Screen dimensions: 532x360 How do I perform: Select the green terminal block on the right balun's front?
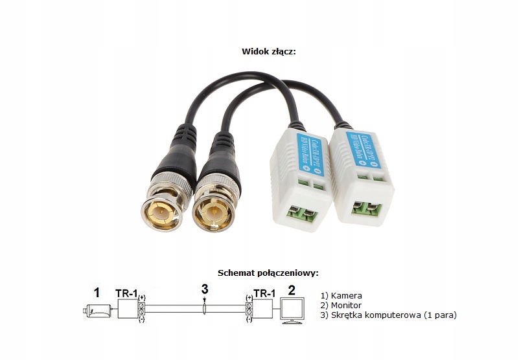point(366,210)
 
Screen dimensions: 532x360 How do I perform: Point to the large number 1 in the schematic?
point(97,293)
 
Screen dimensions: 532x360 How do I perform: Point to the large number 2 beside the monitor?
point(292,290)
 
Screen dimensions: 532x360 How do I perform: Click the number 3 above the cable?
point(204,289)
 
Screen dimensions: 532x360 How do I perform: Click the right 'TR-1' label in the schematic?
point(264,293)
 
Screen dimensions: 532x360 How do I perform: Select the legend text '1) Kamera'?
point(341,295)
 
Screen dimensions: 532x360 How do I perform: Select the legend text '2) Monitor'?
point(341,305)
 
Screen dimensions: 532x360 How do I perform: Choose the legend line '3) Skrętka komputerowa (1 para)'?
point(388,315)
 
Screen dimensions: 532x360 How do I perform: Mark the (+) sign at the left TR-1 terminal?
point(142,298)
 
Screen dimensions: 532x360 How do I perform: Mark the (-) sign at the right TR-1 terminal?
point(249,319)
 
